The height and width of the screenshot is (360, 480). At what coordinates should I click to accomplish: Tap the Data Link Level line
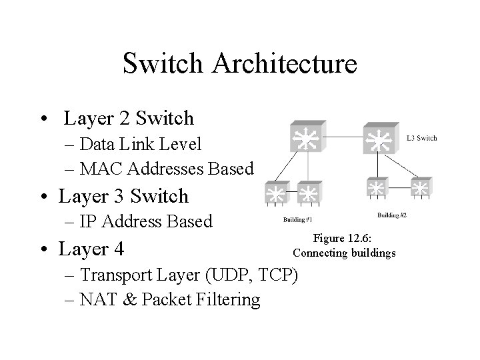pyautogui.click(x=140, y=144)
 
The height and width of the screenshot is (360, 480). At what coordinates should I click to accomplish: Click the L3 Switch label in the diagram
pyautogui.click(x=421, y=138)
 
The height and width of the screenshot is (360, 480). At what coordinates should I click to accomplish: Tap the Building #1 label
pyautogui.click(x=297, y=219)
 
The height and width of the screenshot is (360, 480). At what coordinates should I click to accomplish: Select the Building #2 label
pyautogui.click(x=392, y=215)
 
